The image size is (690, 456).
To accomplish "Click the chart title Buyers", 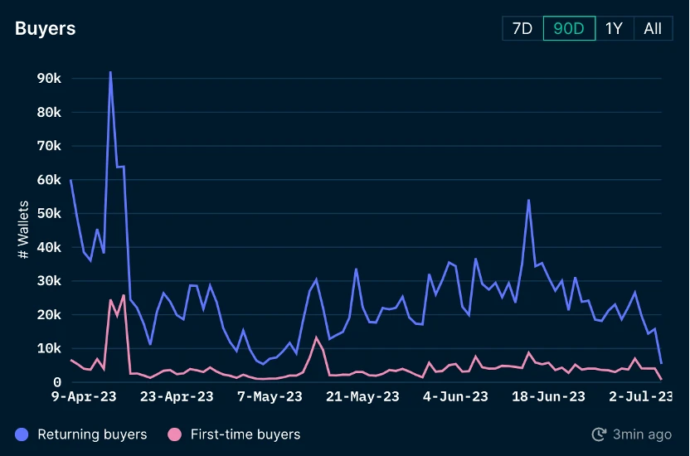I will [45, 28].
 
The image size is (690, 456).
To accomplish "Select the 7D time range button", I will [522, 28].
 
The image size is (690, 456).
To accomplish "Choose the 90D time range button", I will [569, 28].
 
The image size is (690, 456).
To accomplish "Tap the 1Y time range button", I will [614, 28].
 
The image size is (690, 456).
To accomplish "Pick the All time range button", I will [653, 28].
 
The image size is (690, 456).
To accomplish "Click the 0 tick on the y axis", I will [56, 382].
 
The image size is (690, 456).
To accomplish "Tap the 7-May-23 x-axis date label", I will [270, 397].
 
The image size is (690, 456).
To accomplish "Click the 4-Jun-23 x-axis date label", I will [456, 397].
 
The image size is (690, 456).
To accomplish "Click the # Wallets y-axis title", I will [23, 230].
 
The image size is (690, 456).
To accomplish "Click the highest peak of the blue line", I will [110, 72].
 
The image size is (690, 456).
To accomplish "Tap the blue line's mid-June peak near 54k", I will [528, 200].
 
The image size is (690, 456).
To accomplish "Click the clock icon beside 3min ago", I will [599, 434].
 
